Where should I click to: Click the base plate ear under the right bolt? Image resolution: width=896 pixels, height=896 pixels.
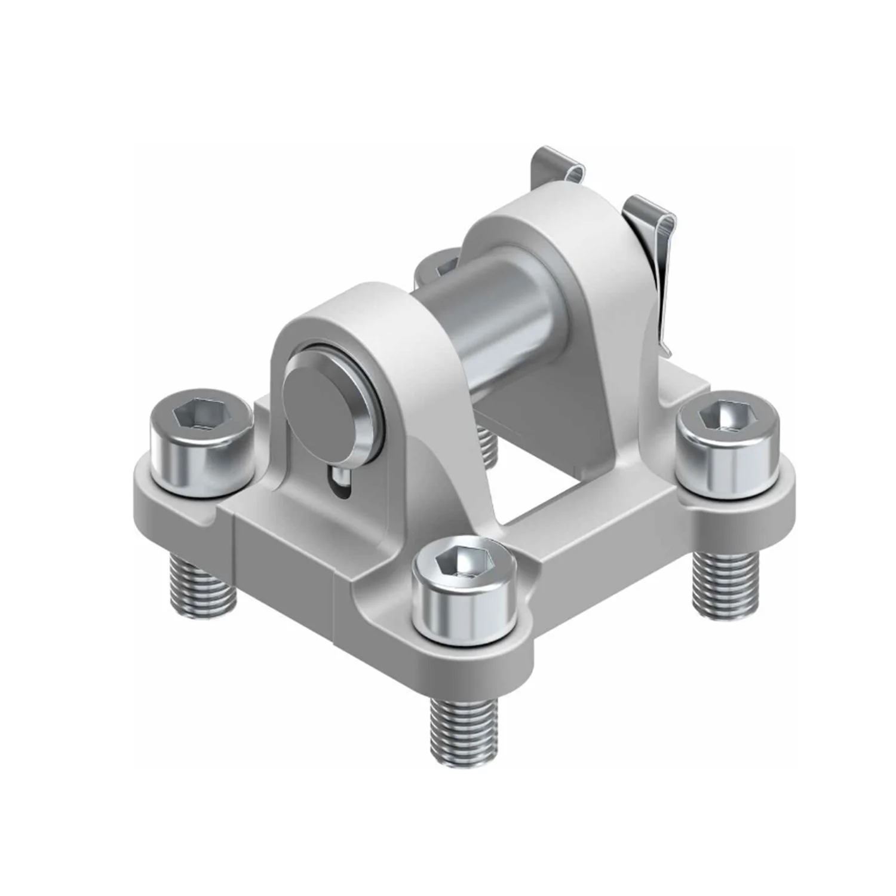pyautogui.click(x=747, y=496)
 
